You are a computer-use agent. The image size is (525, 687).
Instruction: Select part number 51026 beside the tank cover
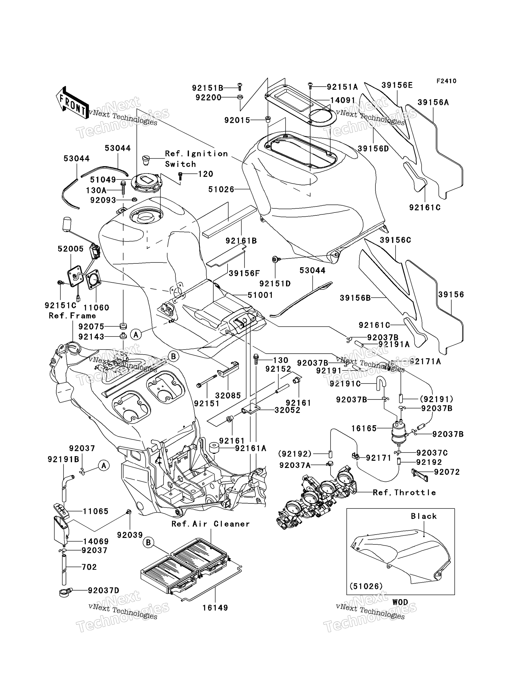pyautogui.click(x=221, y=190)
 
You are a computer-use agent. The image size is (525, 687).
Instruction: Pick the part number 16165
pyautogui.click(x=364, y=428)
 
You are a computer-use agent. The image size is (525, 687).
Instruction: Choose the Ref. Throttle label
pyautogui.click(x=404, y=493)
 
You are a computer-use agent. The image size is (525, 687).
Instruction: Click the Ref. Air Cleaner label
pyautogui.click(x=211, y=524)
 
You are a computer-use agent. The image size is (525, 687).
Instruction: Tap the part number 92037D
pyautogui.click(x=103, y=590)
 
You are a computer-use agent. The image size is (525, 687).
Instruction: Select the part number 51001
pyautogui.click(x=260, y=295)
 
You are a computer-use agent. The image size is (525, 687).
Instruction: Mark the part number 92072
pyautogui.click(x=447, y=472)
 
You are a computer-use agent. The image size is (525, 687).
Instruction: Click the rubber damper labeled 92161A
pyautogui.click(x=213, y=449)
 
